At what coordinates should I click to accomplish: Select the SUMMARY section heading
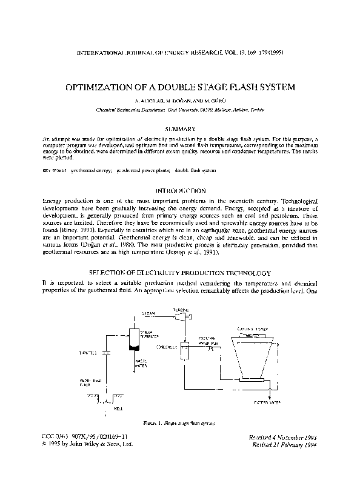[179, 129]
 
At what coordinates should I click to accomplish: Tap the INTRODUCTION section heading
[180, 190]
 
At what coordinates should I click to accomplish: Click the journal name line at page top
[180, 52]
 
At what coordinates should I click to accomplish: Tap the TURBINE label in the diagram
[181, 310]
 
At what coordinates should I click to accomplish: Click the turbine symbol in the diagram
[184, 316]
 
